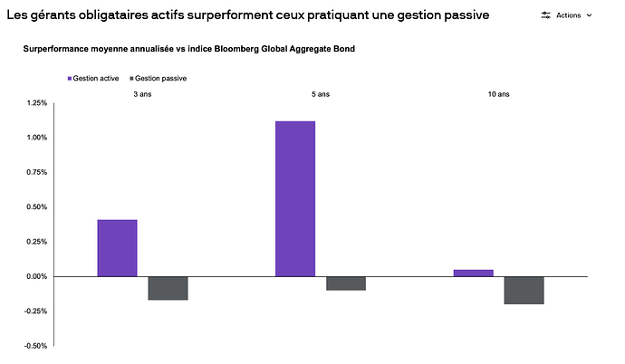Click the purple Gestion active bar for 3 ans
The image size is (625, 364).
117,248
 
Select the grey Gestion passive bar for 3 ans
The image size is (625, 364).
168,288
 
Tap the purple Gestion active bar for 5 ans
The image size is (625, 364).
295,198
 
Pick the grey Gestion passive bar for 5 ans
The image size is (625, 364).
346,283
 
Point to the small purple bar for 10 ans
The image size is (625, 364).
473,273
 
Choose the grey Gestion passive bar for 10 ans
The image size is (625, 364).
524,290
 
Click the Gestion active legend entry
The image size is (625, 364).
96,79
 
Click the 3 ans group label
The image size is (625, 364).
142,94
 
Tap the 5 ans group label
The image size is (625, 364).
321,94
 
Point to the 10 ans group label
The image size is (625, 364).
498,94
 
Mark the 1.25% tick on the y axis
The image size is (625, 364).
36,103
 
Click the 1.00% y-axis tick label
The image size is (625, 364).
36,138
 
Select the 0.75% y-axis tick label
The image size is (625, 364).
36,172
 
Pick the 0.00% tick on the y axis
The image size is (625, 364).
36,276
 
